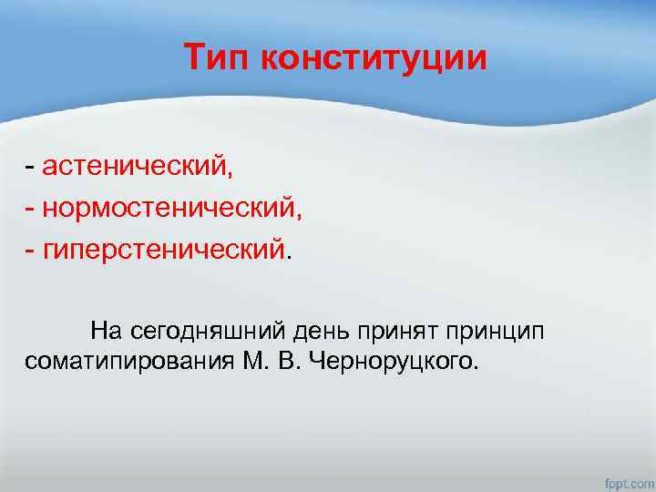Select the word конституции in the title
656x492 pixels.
click(374, 58)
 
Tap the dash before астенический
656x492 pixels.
click(31, 168)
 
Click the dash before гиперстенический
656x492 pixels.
click(31, 248)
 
